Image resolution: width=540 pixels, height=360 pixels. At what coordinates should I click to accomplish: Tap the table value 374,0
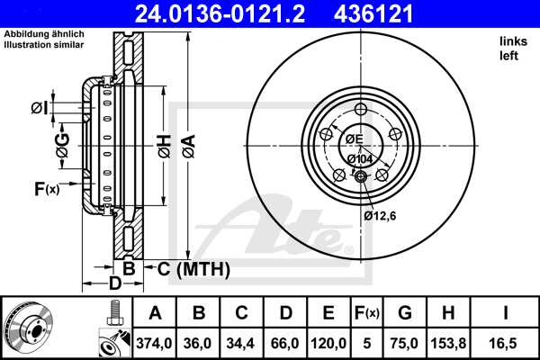(x=155, y=343)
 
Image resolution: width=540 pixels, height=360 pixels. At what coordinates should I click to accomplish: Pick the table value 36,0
(x=199, y=343)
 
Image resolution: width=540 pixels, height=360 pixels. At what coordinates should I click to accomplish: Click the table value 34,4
(x=242, y=343)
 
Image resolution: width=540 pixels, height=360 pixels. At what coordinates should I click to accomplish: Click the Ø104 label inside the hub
(x=360, y=158)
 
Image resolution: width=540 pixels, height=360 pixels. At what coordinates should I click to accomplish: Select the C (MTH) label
(x=193, y=268)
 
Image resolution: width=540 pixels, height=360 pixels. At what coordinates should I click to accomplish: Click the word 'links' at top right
(x=513, y=41)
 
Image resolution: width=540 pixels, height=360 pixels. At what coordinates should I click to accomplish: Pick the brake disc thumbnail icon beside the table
(x=28, y=327)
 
